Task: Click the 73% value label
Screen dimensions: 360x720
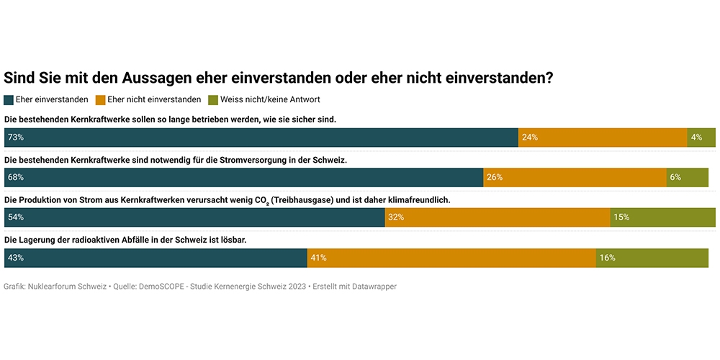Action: [x=15, y=137]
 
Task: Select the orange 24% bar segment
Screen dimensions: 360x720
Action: [x=603, y=137]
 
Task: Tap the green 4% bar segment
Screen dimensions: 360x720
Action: [x=701, y=137]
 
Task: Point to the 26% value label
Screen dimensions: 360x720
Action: [x=494, y=177]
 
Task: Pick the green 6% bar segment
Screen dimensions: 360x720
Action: [x=687, y=177]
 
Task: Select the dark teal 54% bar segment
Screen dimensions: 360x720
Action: [x=194, y=217]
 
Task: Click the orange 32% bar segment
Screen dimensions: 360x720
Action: [x=497, y=217]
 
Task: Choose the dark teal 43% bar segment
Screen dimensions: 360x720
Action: [x=156, y=257]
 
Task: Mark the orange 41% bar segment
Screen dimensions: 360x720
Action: [x=451, y=257]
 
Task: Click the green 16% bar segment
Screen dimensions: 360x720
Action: [x=652, y=257]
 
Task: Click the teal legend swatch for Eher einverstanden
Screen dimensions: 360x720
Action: [x=9, y=100]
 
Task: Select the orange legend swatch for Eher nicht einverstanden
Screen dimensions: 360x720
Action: [x=101, y=100]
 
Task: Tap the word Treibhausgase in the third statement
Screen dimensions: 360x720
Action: [x=305, y=199]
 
